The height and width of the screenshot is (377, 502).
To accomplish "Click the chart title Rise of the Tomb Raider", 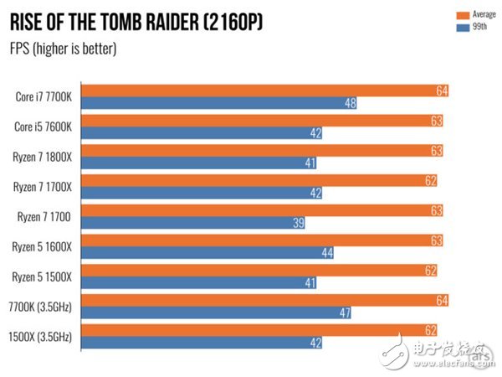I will pos(136,21).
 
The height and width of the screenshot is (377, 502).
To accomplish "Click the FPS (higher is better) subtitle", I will pos(63,48).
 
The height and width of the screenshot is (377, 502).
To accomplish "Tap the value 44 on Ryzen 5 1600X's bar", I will pos(327,253).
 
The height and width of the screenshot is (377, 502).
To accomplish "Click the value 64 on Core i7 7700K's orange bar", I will pos(442,90).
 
